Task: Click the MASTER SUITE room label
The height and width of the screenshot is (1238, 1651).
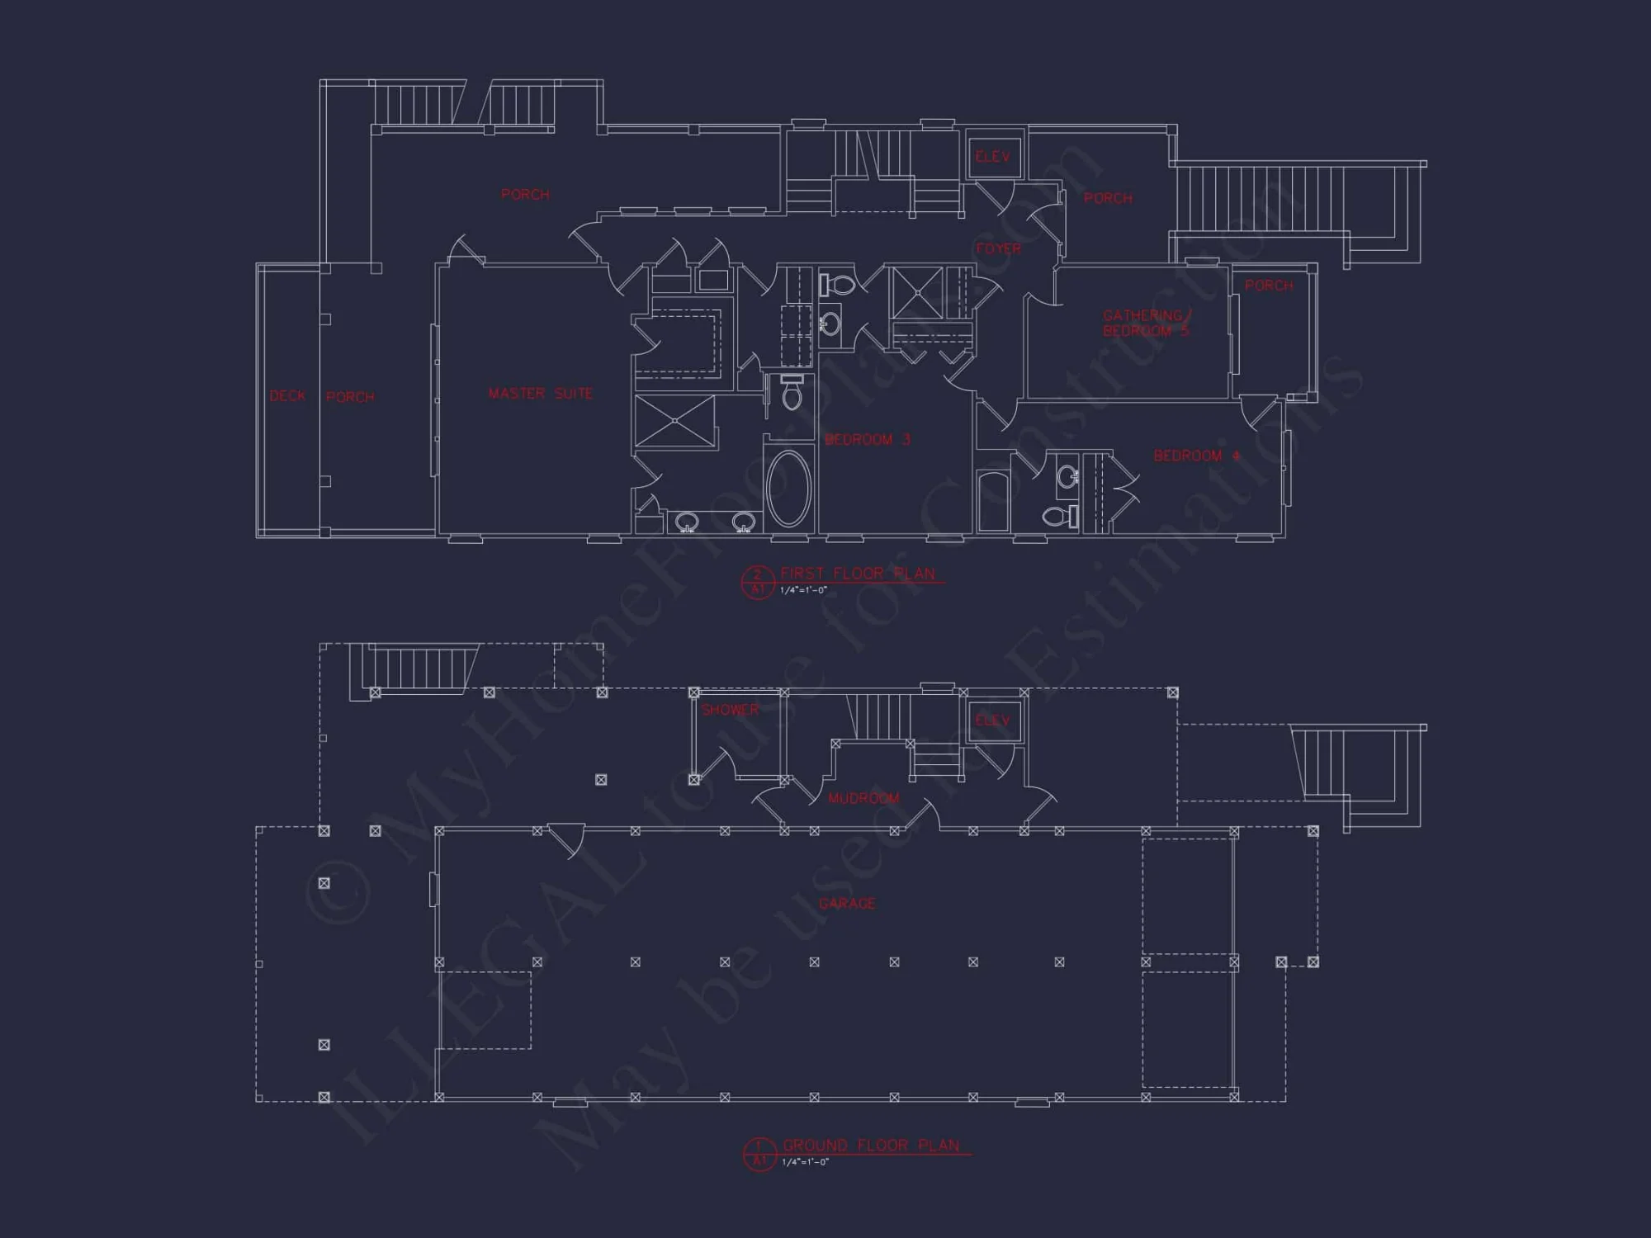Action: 540,394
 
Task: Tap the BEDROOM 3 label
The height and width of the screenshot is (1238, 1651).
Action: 867,440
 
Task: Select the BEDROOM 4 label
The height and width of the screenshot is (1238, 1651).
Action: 1196,456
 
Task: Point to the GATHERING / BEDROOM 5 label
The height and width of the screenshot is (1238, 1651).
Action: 1146,324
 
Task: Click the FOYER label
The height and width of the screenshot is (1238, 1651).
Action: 998,248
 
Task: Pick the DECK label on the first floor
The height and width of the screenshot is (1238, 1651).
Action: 287,396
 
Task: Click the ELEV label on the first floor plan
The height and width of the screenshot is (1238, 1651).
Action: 992,157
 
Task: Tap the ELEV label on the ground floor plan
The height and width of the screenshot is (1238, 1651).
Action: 992,721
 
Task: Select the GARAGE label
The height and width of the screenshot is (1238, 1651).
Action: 846,904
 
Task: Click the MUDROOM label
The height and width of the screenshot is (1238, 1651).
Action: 863,798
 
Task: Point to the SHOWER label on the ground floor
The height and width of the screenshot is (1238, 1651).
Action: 730,710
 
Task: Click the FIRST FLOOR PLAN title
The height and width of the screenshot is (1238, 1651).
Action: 858,574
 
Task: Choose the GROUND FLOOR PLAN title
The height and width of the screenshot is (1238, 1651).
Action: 871,1146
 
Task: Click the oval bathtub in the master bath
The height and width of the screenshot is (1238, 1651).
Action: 789,489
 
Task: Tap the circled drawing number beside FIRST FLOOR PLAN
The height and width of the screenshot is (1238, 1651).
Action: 757,582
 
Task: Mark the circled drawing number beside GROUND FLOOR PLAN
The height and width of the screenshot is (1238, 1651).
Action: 759,1154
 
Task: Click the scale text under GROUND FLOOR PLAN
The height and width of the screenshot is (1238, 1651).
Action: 805,1163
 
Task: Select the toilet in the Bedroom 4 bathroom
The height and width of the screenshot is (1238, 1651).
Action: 1059,517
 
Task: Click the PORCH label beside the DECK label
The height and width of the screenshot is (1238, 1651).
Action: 350,397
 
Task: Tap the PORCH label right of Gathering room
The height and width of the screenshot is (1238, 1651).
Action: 1269,286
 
